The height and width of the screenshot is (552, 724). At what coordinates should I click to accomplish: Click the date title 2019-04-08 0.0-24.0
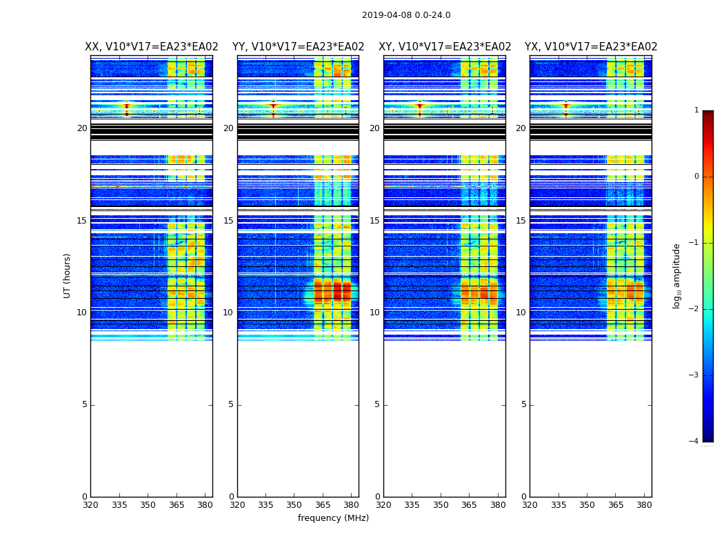coord(406,15)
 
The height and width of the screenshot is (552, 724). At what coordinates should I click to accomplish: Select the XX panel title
coord(152,47)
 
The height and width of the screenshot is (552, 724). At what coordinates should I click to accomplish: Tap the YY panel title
coord(298,47)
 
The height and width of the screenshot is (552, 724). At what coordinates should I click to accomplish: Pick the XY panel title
coord(445,47)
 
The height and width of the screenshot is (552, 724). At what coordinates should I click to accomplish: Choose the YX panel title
coord(591,47)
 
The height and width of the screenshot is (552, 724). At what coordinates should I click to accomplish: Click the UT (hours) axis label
coord(68,275)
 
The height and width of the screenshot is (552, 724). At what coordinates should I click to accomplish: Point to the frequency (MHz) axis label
coord(333,518)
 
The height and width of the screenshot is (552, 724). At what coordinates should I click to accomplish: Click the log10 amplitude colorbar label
coord(677,276)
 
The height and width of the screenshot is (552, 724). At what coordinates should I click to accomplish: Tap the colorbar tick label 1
coord(696,110)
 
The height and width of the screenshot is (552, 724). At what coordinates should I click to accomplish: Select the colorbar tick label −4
coord(694,442)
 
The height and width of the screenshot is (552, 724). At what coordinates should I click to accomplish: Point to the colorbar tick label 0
coord(696,177)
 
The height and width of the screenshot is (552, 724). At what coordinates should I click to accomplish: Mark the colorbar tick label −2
coord(694,309)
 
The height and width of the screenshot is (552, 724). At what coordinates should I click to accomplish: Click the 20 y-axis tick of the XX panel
coord(82,128)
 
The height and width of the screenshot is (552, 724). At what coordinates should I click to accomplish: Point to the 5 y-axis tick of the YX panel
coord(524,404)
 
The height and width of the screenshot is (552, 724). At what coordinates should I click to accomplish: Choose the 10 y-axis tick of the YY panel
coord(228,313)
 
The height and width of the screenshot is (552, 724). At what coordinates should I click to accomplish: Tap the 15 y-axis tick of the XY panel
coord(374,221)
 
